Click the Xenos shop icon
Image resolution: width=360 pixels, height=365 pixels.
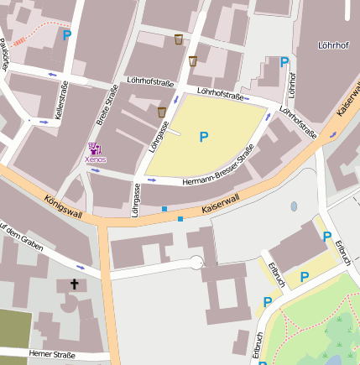pos(92,149)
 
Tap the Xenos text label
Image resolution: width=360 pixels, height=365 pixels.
pos(95,159)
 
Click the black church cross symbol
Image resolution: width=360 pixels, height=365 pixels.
pos(74,285)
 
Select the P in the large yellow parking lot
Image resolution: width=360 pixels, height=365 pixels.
pos(203,136)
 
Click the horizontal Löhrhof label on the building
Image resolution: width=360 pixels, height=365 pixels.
pos(332,44)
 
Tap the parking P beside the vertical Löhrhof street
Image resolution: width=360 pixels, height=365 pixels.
pos(284,62)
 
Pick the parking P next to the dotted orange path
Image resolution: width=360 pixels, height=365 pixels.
pos(67,35)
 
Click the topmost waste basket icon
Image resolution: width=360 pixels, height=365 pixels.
pos(179,39)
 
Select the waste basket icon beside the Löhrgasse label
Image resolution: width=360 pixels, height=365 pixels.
pos(162,112)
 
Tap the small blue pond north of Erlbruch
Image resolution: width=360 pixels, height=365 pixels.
pos(294,206)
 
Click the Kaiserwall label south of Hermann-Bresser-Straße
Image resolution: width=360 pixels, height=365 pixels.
pos(221,204)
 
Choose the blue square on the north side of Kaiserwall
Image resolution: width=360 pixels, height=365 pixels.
pos(164,208)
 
